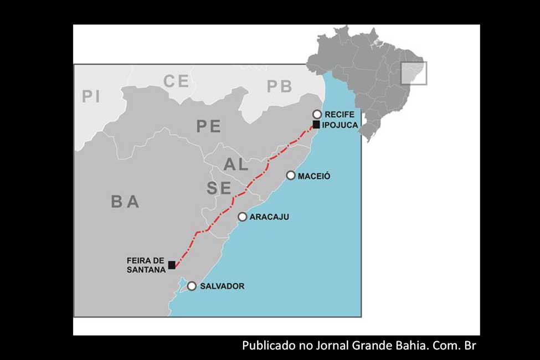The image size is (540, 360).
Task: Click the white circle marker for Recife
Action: pos(317,114)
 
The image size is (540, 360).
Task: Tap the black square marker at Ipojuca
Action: pos(316,125)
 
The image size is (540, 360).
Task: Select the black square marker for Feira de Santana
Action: pos(172,265)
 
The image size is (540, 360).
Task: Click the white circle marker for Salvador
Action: pos(192,286)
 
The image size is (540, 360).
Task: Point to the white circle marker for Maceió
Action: pos(291,176)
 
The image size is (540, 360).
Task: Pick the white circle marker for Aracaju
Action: pos(242,217)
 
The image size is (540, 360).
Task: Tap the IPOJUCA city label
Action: pos(340,125)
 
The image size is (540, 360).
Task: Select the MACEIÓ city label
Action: pos(314,176)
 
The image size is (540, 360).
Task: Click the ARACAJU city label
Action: pos(269,217)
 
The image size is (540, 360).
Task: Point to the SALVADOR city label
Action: pos(222,286)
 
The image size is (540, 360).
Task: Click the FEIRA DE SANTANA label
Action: pos(146,265)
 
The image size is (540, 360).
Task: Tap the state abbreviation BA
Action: pos(125,202)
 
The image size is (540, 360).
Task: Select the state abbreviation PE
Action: pos(208,126)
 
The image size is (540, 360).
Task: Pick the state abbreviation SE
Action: pos(219,188)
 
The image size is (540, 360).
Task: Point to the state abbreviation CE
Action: pos(176,81)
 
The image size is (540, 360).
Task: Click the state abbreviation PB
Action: pos(279,86)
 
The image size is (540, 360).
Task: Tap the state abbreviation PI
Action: pos(91,96)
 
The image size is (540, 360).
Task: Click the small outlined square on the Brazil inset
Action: pos(414,73)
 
